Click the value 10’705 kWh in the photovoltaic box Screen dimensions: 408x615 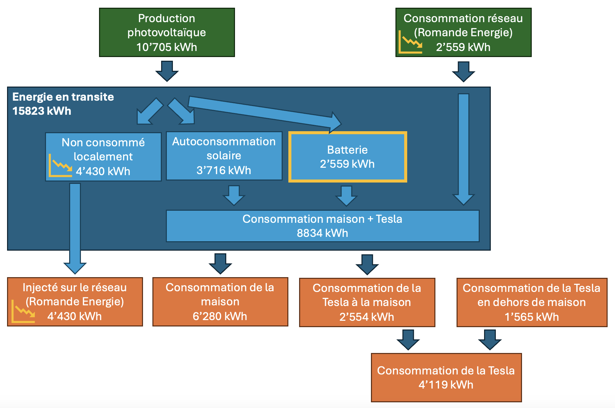[x=167, y=47]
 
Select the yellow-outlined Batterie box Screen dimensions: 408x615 [x=347, y=157]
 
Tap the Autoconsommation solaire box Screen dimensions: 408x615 [x=224, y=156]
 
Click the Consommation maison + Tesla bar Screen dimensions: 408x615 [x=322, y=226]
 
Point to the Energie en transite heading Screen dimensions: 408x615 [x=63, y=97]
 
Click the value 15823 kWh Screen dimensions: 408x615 [x=42, y=111]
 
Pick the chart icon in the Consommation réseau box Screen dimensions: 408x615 [x=410, y=42]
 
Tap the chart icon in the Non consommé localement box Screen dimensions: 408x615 [x=60, y=165]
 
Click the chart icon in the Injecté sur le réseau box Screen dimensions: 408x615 [x=23, y=311]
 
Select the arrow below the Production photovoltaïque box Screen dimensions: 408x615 [x=167, y=71]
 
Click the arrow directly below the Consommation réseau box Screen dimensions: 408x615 [x=463, y=71]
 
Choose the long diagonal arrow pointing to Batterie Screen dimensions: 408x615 [x=265, y=112]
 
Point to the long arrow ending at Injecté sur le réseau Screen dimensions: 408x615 [x=75, y=228]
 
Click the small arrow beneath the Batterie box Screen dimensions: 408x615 [x=346, y=196]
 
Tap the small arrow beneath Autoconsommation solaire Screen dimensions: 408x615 [x=234, y=195]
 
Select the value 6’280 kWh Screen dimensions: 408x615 [x=220, y=316]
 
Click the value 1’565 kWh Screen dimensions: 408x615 [x=532, y=317]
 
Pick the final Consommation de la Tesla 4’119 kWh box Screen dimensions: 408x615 [x=446, y=377]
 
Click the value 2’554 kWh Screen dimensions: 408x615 [x=367, y=317]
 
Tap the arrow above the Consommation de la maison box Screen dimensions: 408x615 [x=220, y=264]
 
